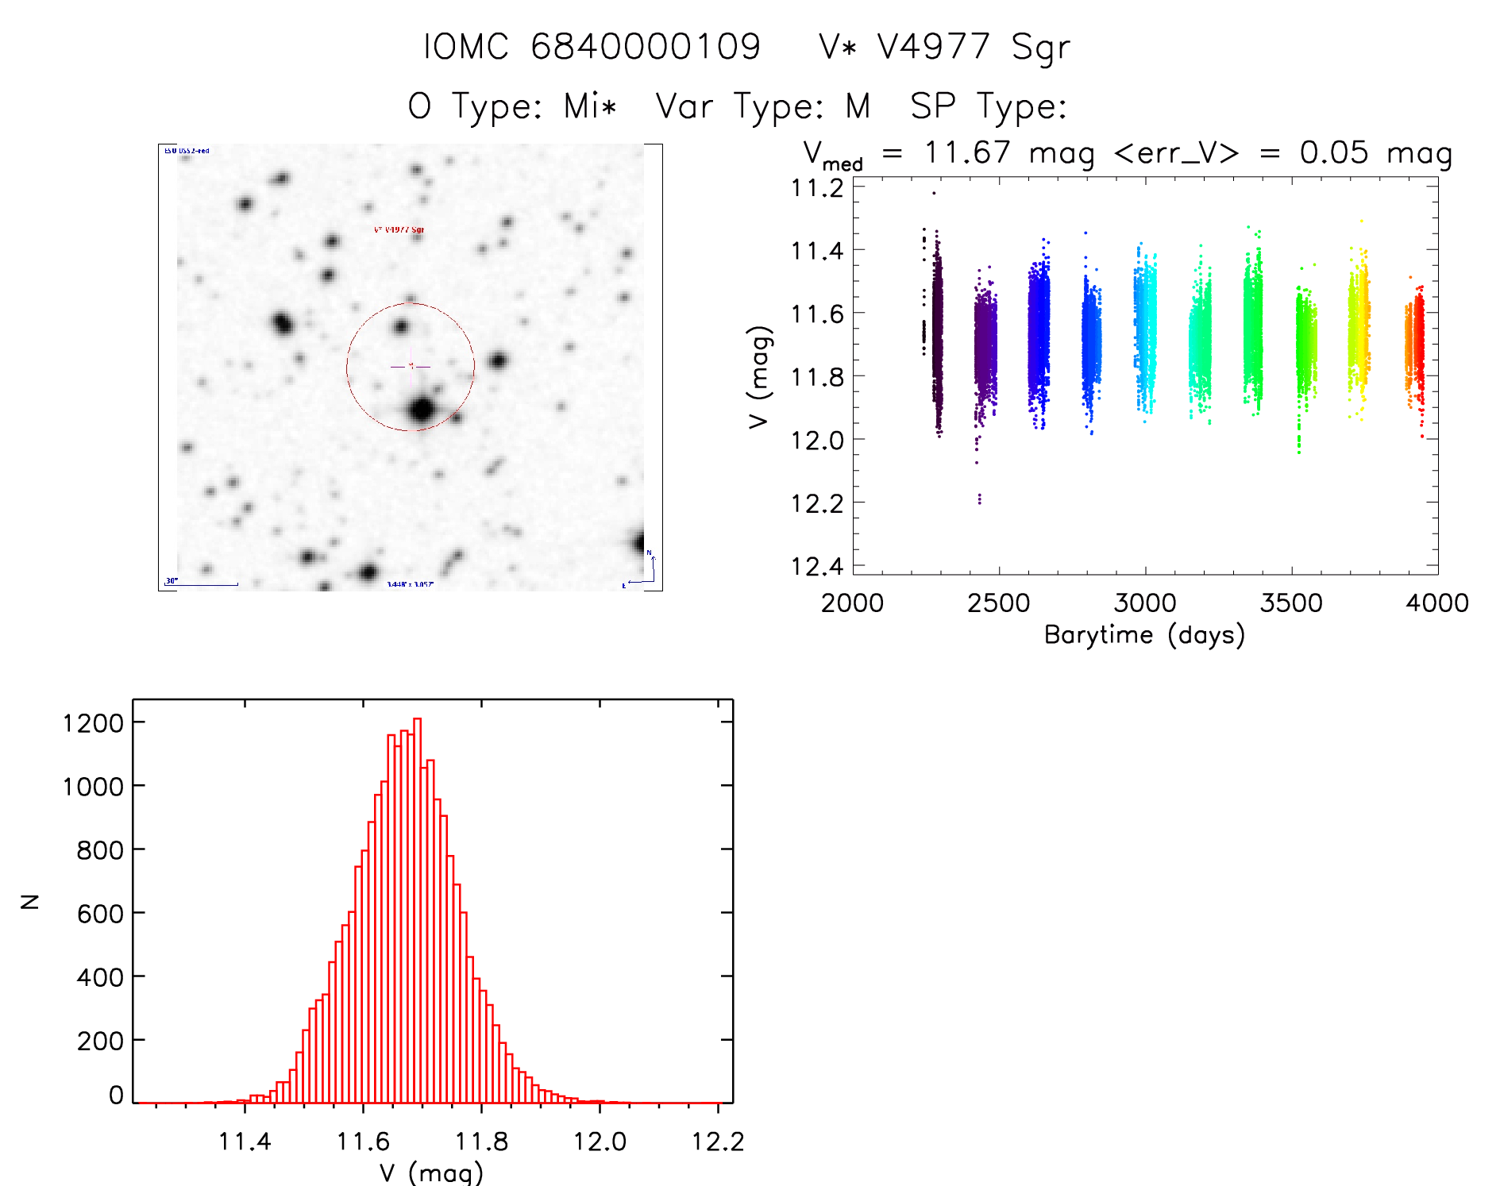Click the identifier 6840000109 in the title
pyautogui.click(x=645, y=46)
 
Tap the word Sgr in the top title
pyautogui.click(x=1040, y=48)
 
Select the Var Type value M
pyautogui.click(x=858, y=106)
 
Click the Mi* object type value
pyautogui.click(x=590, y=106)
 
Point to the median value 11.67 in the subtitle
pyautogui.click(x=967, y=152)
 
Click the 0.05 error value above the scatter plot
pyautogui.click(x=1334, y=152)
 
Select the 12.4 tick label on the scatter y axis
pyautogui.click(x=817, y=566)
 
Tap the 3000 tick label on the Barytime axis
pyautogui.click(x=1145, y=603)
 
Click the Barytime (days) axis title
pyautogui.click(x=1144, y=635)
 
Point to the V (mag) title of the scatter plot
pyautogui.click(x=759, y=377)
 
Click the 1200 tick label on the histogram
pyautogui.click(x=94, y=722)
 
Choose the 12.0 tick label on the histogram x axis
pyautogui.click(x=600, y=1142)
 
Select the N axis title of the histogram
pyautogui.click(x=30, y=901)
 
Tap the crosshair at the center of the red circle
pyautogui.click(x=411, y=366)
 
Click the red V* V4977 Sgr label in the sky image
pyautogui.click(x=399, y=229)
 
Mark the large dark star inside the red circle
pyautogui.click(x=422, y=410)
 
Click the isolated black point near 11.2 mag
pyautogui.click(x=934, y=193)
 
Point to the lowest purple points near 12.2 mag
pyautogui.click(x=979, y=499)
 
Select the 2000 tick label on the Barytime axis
pyautogui.click(x=852, y=603)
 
